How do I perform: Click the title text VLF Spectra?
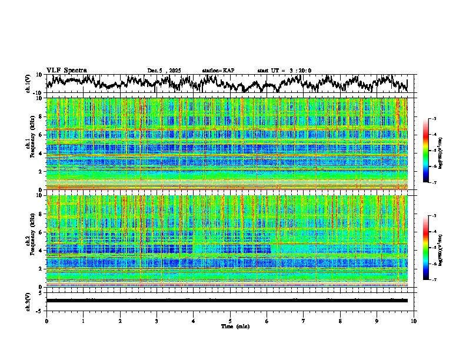pyautogui.click(x=66, y=71)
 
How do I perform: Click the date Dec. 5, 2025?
pyautogui.click(x=164, y=71)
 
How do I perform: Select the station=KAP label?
pyautogui.click(x=218, y=71)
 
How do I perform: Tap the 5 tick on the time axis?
pyautogui.click(x=230, y=321)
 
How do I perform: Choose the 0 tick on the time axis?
pyautogui.click(x=46, y=321)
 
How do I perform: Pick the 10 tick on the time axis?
pyautogui.click(x=414, y=321)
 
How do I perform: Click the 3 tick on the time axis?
pyautogui.click(x=157, y=321)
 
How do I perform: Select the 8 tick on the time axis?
pyautogui.click(x=340, y=321)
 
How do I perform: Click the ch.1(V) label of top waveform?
pyautogui.click(x=28, y=84)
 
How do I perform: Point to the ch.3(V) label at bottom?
pyautogui.click(x=28, y=300)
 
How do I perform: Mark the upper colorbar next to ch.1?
pyautogui.click(x=426, y=151)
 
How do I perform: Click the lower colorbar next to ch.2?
pyautogui.click(x=426, y=248)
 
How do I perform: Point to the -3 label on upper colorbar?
pyautogui.click(x=433, y=119)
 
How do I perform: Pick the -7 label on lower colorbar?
pyautogui.click(x=433, y=280)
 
